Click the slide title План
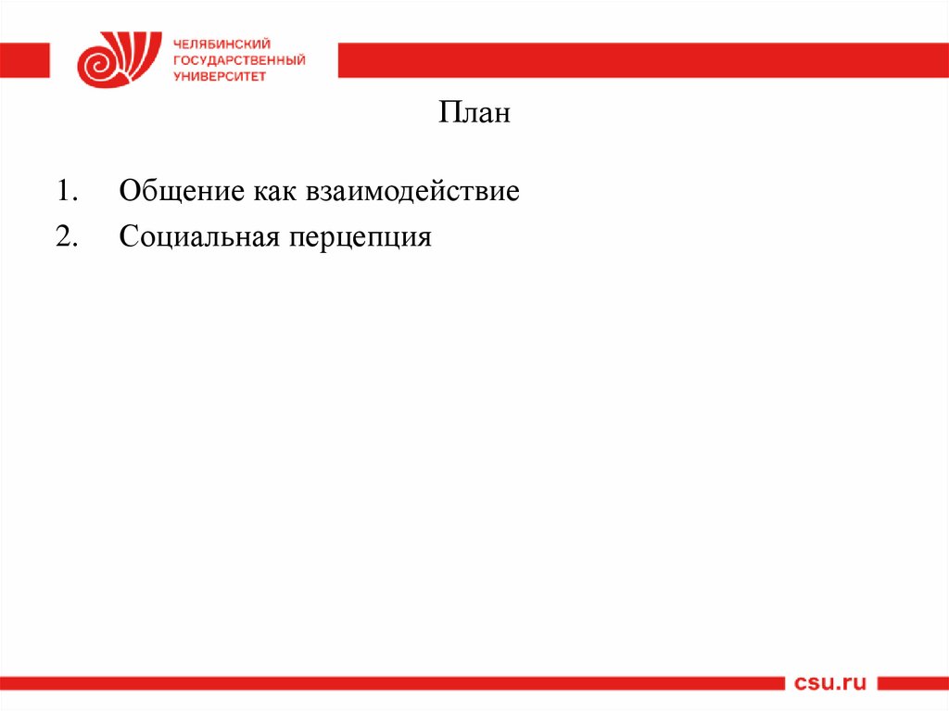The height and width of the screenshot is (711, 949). (474, 115)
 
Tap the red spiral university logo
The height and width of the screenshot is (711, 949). (111, 60)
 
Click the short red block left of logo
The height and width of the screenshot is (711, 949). (25, 60)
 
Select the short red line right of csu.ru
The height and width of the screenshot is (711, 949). (913, 684)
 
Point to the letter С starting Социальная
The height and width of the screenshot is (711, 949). (127, 237)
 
